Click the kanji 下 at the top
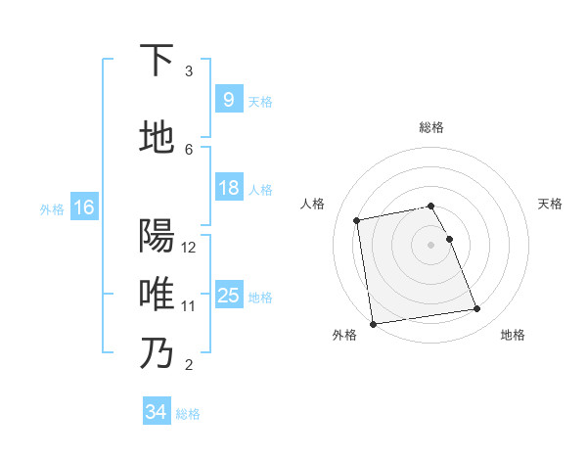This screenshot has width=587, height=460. [158, 60]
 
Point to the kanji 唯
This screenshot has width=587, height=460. [158, 294]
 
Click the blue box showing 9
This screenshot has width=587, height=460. [228, 100]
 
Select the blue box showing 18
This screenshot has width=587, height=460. [228, 188]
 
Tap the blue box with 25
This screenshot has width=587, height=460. [228, 296]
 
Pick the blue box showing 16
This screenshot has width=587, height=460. [83, 207]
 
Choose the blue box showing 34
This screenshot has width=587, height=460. [156, 412]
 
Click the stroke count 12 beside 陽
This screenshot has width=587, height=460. [189, 247]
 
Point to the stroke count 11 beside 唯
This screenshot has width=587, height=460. [189, 305]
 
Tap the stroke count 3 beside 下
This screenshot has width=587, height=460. [189, 71]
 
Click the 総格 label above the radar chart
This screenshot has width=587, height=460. [431, 127]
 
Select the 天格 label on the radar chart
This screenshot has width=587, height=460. [550, 204]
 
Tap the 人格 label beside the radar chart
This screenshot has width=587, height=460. [313, 204]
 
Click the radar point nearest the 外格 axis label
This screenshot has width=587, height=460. [373, 323]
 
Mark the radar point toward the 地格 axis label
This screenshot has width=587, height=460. [477, 309]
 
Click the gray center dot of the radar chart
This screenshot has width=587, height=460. [431, 244]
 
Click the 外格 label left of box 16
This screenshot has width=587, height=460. [51, 208]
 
